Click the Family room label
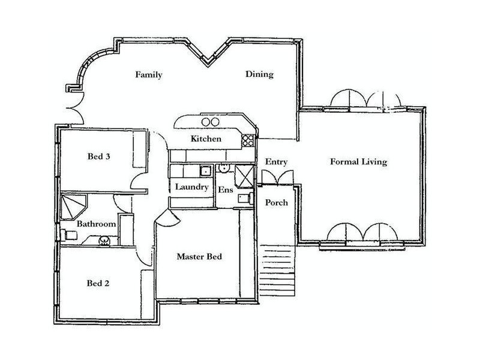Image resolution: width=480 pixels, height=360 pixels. pyautogui.click(x=148, y=75)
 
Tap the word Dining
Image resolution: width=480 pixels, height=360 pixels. pyautogui.click(x=259, y=75)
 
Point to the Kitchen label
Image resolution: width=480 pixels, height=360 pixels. pyautogui.click(x=206, y=139)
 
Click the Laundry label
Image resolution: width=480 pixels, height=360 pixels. pyautogui.click(x=191, y=187)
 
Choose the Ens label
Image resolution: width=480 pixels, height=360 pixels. pyautogui.click(x=224, y=190)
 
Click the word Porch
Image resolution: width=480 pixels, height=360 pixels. pyautogui.click(x=277, y=203)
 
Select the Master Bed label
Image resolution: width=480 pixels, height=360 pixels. pyautogui.click(x=199, y=257)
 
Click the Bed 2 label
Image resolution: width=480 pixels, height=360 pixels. pyautogui.click(x=98, y=283)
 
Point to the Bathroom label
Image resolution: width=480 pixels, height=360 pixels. pyautogui.click(x=95, y=224)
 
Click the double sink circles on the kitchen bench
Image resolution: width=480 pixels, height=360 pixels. pyautogui.click(x=209, y=122)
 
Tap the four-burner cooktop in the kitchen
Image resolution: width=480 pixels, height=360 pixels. pyautogui.click(x=247, y=140)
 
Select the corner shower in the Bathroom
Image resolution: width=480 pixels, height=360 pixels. pyautogui.click(x=72, y=205)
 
